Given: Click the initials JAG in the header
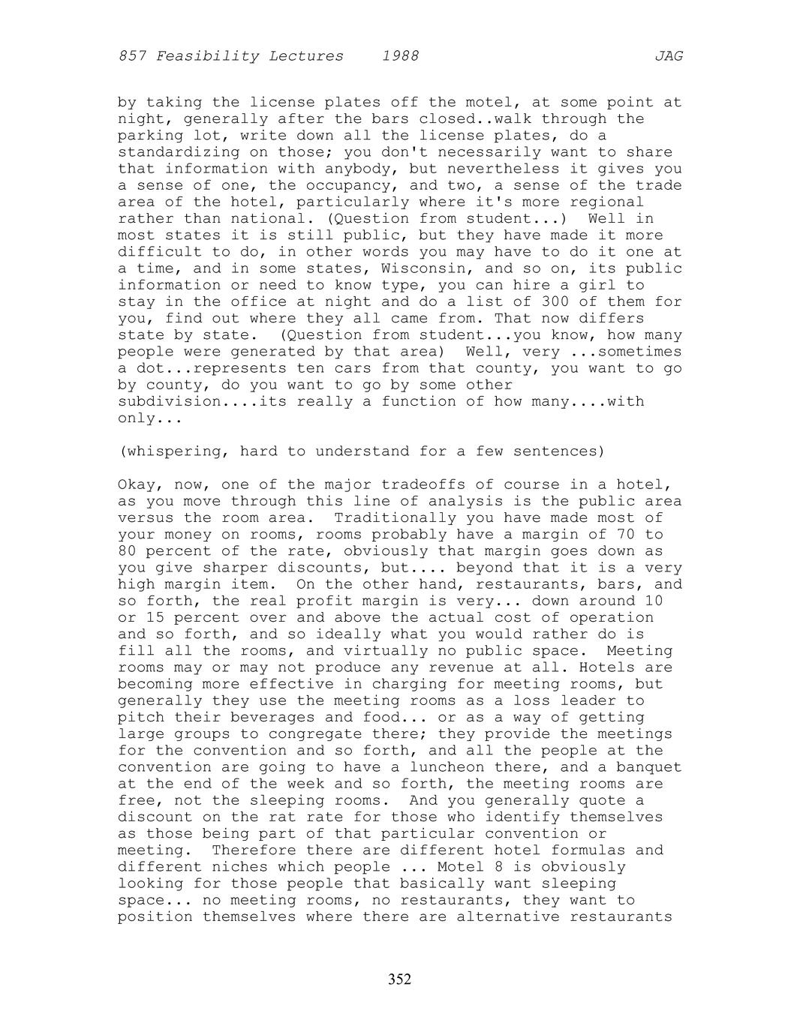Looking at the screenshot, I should point(668,56).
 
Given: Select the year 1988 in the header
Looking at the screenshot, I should point(400,56).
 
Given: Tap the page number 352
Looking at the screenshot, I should point(399,979).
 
